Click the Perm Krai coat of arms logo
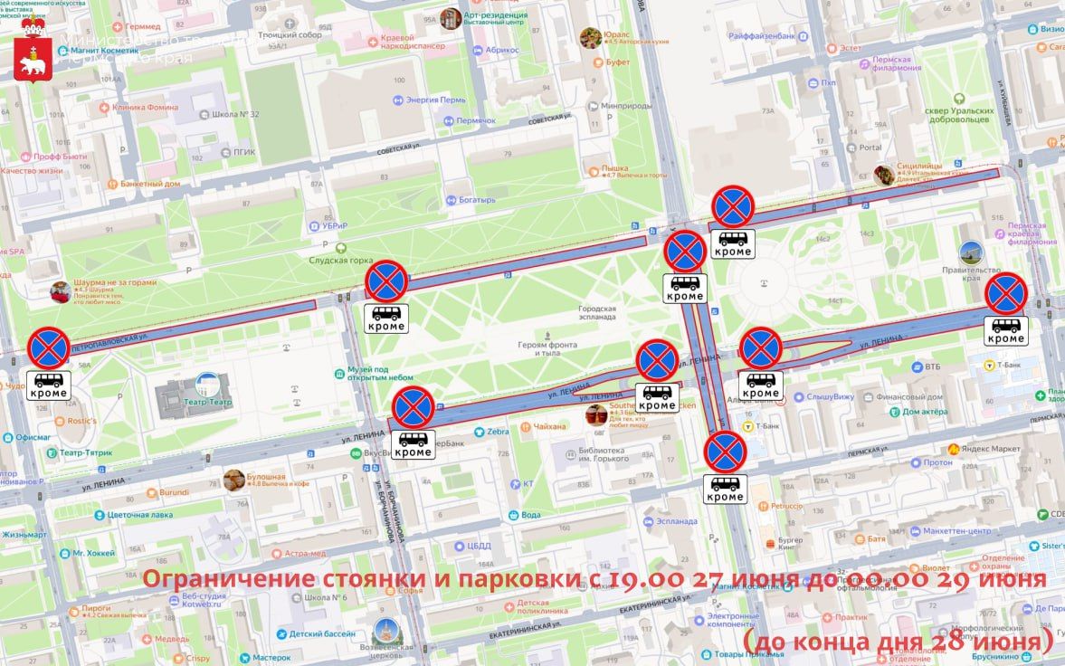click(x=34, y=54)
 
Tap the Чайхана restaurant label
click(x=549, y=425)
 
